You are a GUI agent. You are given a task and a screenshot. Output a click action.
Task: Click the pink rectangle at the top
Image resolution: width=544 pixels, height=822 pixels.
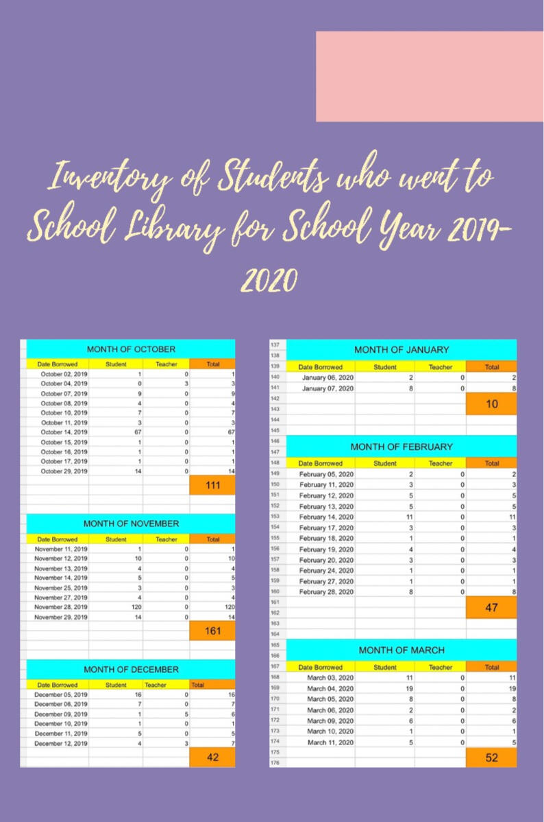[x=429, y=76]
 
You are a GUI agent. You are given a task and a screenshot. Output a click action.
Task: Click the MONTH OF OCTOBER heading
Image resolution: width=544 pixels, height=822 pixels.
[x=131, y=349]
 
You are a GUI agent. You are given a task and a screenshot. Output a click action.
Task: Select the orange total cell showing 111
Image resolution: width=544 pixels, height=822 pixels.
[x=212, y=485]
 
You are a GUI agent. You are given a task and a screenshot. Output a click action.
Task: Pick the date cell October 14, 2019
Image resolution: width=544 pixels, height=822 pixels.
[x=64, y=432]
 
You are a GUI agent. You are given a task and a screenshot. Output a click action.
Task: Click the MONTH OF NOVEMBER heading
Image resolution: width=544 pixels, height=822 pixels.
[x=131, y=524]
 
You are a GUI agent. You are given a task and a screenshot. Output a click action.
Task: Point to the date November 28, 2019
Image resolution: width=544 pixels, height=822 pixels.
[x=61, y=607]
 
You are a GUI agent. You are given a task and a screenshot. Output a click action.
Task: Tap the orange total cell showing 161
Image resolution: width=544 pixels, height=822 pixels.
[x=212, y=631]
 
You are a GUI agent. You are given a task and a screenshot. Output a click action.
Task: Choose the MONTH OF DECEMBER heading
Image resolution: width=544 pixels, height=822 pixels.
[x=131, y=669]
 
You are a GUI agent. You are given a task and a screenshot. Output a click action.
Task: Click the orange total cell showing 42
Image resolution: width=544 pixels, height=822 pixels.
[x=212, y=756]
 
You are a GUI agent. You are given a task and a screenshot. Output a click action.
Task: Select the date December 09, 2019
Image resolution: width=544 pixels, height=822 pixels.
[x=61, y=714]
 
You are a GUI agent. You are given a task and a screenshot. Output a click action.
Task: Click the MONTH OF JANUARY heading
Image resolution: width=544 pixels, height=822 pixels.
[x=401, y=350]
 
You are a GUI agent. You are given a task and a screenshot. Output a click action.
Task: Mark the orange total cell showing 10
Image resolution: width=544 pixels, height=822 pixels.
[x=491, y=404]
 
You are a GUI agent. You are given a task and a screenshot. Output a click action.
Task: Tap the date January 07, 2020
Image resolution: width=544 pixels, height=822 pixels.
[x=328, y=388]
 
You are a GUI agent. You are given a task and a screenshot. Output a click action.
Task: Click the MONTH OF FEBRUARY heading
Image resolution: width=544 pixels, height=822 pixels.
[x=401, y=447]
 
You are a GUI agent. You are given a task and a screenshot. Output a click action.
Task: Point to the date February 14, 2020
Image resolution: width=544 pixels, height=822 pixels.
[x=327, y=517]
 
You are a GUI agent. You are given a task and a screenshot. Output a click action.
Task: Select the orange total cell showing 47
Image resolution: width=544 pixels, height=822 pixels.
[x=491, y=607]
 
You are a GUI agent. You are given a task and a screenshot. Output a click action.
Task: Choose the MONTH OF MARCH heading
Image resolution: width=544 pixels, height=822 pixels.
[x=401, y=650]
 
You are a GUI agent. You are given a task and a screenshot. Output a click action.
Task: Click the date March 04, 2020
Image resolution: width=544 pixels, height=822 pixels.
[x=330, y=688]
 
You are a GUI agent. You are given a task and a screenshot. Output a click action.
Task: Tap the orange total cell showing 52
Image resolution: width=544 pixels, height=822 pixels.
[x=491, y=758]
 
